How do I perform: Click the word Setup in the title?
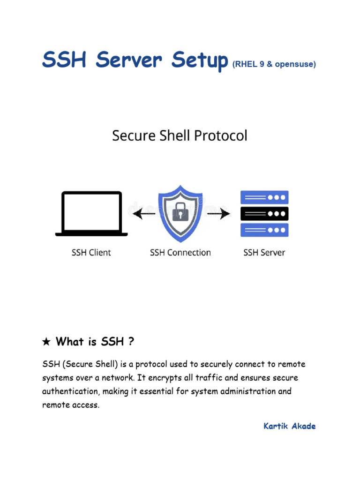pos(196,61)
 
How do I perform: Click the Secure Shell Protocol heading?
pos(180,135)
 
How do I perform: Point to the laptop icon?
pos(91,213)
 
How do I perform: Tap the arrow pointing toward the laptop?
pos(143,214)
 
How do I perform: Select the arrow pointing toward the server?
pos(219,214)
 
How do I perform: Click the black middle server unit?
pos(264,214)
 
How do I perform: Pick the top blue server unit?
pos(264,197)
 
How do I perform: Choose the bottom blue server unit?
pos(264,230)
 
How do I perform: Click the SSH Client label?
pos(91,253)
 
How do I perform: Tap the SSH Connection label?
pos(180,253)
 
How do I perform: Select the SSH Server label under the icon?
pos(264,253)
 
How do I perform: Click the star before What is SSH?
pos(46,342)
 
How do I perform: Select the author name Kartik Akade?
pos(289,426)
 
